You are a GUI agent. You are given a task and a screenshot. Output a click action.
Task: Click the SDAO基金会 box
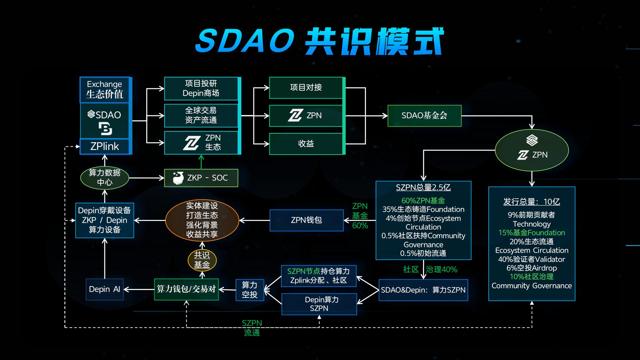point(424,116)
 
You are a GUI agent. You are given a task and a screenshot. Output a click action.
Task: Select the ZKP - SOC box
point(201,178)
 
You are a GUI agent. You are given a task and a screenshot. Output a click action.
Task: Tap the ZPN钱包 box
point(306,220)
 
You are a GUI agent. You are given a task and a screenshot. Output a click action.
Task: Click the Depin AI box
point(104,289)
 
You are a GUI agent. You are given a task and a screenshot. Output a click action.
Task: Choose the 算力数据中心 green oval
point(104,178)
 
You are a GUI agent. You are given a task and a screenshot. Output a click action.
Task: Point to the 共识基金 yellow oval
point(202,260)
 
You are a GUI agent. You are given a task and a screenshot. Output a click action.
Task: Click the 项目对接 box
point(306,88)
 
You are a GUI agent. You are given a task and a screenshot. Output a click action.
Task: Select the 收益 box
point(306,144)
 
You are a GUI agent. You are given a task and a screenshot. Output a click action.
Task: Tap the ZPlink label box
point(104,146)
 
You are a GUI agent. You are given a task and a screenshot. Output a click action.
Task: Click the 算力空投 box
point(250,290)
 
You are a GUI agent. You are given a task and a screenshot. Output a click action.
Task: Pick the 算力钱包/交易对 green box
point(186,289)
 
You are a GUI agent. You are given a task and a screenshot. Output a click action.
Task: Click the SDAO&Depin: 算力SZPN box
point(423,290)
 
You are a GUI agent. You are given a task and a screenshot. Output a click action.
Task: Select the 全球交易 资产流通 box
point(201,115)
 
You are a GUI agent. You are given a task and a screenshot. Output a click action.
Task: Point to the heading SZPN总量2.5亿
point(423,188)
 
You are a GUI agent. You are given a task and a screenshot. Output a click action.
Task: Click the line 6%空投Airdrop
point(532,268)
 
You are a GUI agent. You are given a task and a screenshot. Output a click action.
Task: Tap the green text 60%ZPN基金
point(423,201)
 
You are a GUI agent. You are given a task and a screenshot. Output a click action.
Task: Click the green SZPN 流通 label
point(252,328)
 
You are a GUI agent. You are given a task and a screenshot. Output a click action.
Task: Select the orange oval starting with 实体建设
point(202,220)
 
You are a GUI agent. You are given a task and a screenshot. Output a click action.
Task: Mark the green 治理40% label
point(442,269)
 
